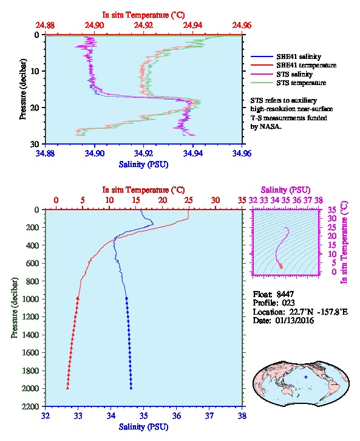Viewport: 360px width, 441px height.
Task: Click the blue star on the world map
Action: point(306,377)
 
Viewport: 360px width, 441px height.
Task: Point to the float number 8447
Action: point(285,294)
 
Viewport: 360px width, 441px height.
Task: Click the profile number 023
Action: point(288,303)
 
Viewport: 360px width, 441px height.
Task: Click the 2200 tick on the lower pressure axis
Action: point(31,406)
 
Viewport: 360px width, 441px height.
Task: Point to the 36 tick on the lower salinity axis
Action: point(177,415)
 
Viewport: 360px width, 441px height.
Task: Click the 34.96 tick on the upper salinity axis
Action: point(242,153)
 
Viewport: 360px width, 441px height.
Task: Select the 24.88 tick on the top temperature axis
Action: point(46,26)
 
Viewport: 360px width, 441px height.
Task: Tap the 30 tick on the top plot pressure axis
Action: point(35,144)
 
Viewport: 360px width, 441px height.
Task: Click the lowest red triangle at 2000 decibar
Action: point(67,388)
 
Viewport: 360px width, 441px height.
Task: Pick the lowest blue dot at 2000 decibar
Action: point(131,388)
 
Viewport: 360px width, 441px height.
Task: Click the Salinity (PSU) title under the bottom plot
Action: point(144,426)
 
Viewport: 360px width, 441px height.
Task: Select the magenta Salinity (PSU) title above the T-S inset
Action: point(285,190)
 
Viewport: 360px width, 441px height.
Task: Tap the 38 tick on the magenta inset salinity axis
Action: point(319,200)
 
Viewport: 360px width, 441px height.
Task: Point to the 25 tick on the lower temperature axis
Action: point(189,200)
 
